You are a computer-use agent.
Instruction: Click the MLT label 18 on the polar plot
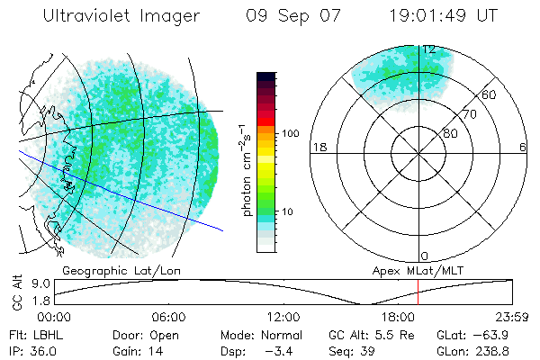tap(318, 148)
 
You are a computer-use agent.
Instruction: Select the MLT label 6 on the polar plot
tap(523, 148)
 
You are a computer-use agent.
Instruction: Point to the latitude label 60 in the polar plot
tap(489, 95)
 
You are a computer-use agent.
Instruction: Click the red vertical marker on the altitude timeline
tap(418, 292)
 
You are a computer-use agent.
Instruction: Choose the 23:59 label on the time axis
tap(512, 317)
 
